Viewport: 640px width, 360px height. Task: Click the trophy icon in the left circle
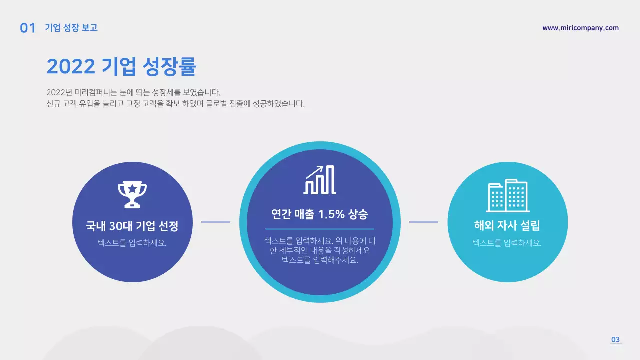click(x=132, y=194)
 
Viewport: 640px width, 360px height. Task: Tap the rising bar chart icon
click(x=320, y=179)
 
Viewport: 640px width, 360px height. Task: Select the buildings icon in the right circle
click(x=508, y=195)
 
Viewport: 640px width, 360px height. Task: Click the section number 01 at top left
click(x=28, y=28)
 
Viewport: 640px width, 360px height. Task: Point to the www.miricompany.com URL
click(x=580, y=28)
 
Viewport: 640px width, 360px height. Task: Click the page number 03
click(x=615, y=340)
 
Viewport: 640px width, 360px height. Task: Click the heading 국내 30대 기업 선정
click(x=132, y=226)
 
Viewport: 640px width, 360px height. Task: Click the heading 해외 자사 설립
click(x=507, y=225)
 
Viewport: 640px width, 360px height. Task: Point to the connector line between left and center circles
click(x=216, y=222)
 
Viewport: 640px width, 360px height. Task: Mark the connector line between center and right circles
click(x=424, y=222)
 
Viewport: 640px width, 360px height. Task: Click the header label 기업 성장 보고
click(x=71, y=28)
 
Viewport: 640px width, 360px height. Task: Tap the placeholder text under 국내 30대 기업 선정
click(x=132, y=243)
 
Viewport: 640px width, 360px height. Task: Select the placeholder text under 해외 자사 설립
click(x=507, y=243)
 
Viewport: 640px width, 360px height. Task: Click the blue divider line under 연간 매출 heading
click(x=320, y=229)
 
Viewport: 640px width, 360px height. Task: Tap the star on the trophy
click(x=132, y=189)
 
